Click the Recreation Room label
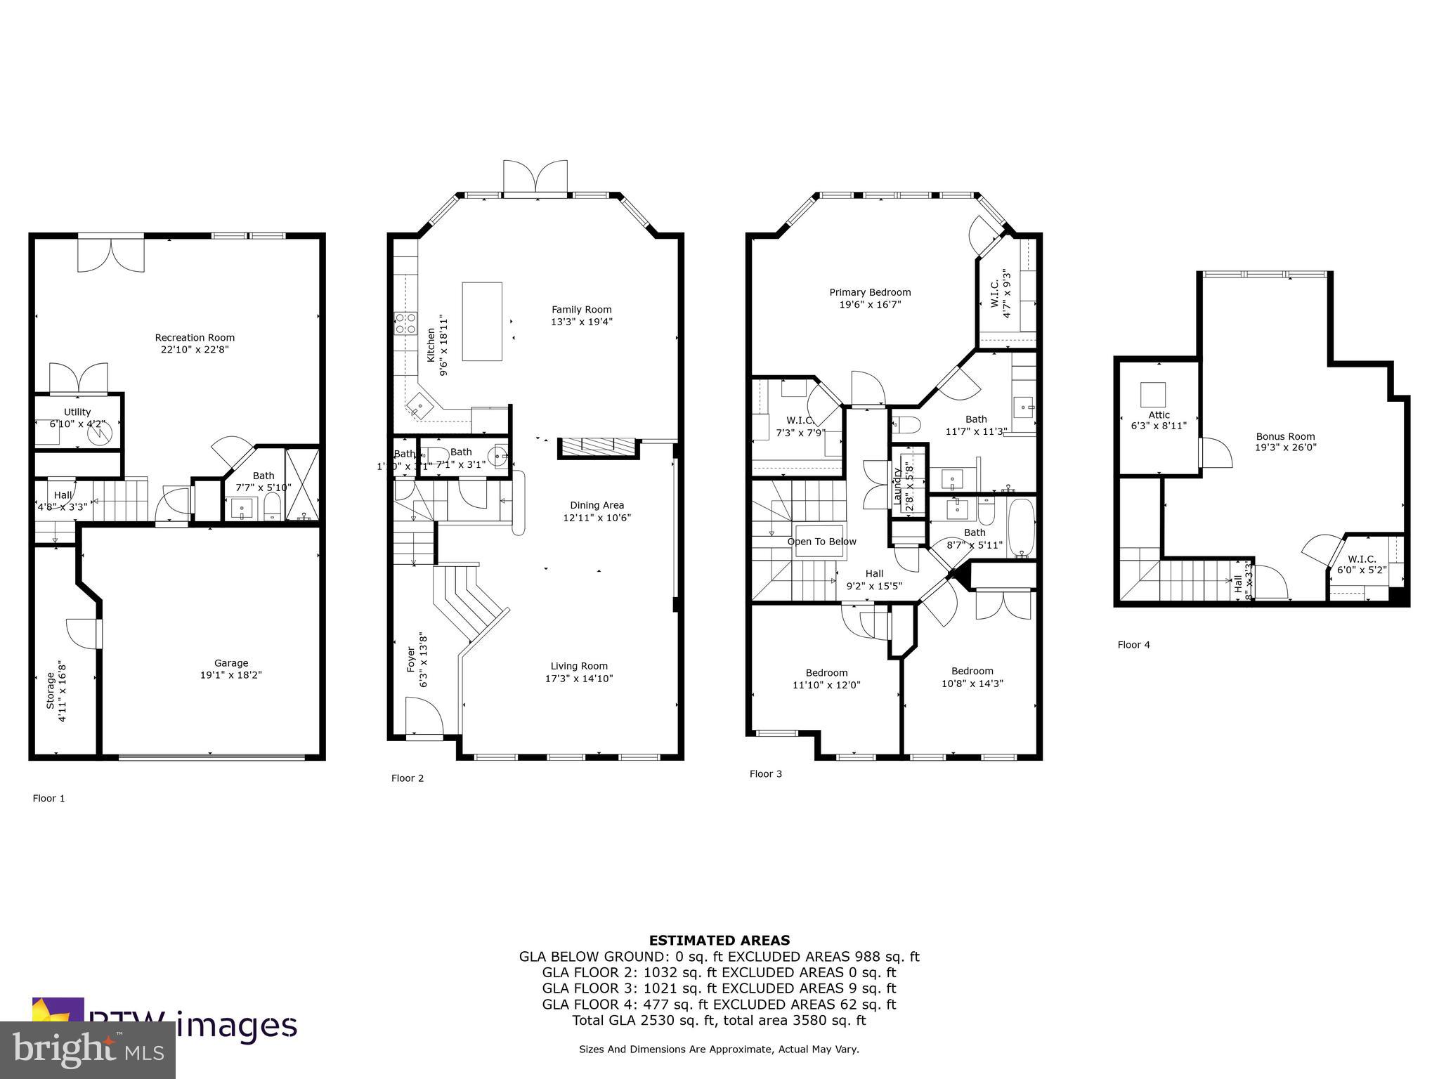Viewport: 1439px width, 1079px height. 195,337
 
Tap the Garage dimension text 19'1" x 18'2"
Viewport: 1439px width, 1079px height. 231,675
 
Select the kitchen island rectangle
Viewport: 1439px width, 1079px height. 481,321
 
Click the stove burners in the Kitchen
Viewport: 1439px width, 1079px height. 406,323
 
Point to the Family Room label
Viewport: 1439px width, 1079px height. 581,309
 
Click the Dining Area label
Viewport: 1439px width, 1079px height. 597,505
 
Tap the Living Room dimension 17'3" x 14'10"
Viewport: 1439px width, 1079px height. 579,679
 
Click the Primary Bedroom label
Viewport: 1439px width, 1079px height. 870,292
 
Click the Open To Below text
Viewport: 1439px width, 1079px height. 821,542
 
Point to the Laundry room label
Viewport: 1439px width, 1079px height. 897,485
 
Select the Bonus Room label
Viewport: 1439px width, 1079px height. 1285,436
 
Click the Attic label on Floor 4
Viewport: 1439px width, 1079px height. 1159,414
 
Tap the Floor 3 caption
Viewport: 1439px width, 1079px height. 765,774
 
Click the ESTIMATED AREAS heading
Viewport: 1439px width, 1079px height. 719,940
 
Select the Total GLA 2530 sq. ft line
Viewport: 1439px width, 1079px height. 719,1021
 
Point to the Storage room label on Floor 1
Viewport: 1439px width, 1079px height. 51,691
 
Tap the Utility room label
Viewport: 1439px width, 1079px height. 77,412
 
